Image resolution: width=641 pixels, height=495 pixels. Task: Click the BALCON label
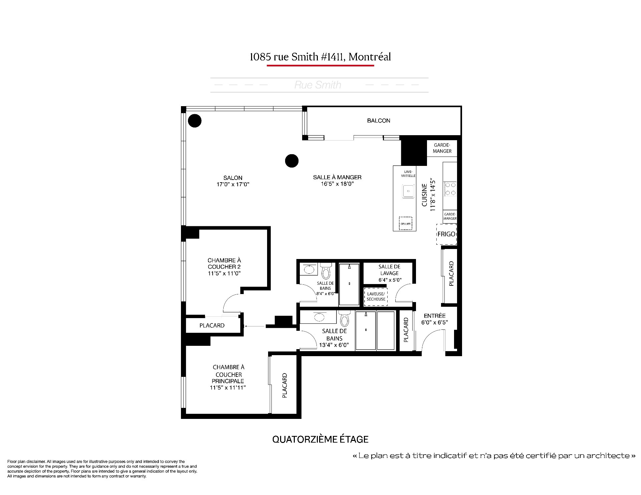[x=379, y=120]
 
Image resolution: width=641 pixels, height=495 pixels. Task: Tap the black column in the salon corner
[x=195, y=120]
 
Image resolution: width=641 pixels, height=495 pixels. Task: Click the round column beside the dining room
[x=291, y=161]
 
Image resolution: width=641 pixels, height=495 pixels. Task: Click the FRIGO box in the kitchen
[x=446, y=234]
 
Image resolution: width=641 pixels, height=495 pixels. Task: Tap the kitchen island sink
[x=408, y=191]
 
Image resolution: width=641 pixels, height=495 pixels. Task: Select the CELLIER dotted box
[x=406, y=223]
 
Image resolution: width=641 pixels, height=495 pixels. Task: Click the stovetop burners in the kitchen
[x=450, y=189]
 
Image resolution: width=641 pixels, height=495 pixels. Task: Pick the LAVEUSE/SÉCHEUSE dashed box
[x=376, y=296]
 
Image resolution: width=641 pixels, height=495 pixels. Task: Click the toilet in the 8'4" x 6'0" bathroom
[x=326, y=271]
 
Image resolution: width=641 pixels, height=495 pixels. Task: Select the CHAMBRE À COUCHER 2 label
[x=224, y=267]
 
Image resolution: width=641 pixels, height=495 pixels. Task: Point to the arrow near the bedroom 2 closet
[x=255, y=326]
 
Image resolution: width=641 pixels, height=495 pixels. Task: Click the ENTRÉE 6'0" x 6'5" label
[x=434, y=319]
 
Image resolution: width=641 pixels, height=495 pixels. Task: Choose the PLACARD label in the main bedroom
[x=284, y=386]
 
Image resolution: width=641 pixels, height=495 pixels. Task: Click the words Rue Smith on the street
[x=317, y=85]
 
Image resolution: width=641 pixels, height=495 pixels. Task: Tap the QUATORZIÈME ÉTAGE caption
[x=320, y=439]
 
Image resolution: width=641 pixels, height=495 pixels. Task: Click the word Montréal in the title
[x=370, y=57]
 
